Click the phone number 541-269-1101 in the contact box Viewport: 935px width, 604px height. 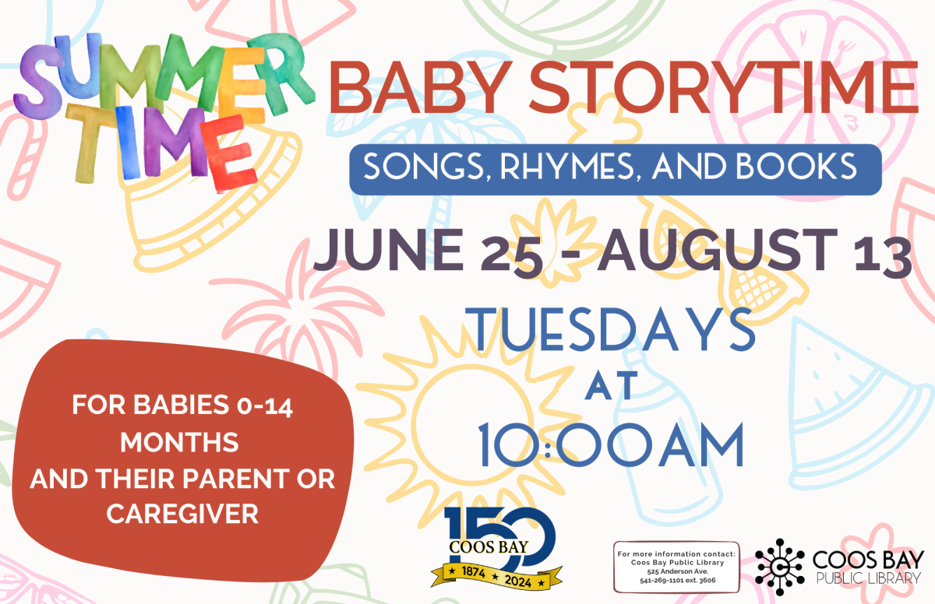coord(662,580)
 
